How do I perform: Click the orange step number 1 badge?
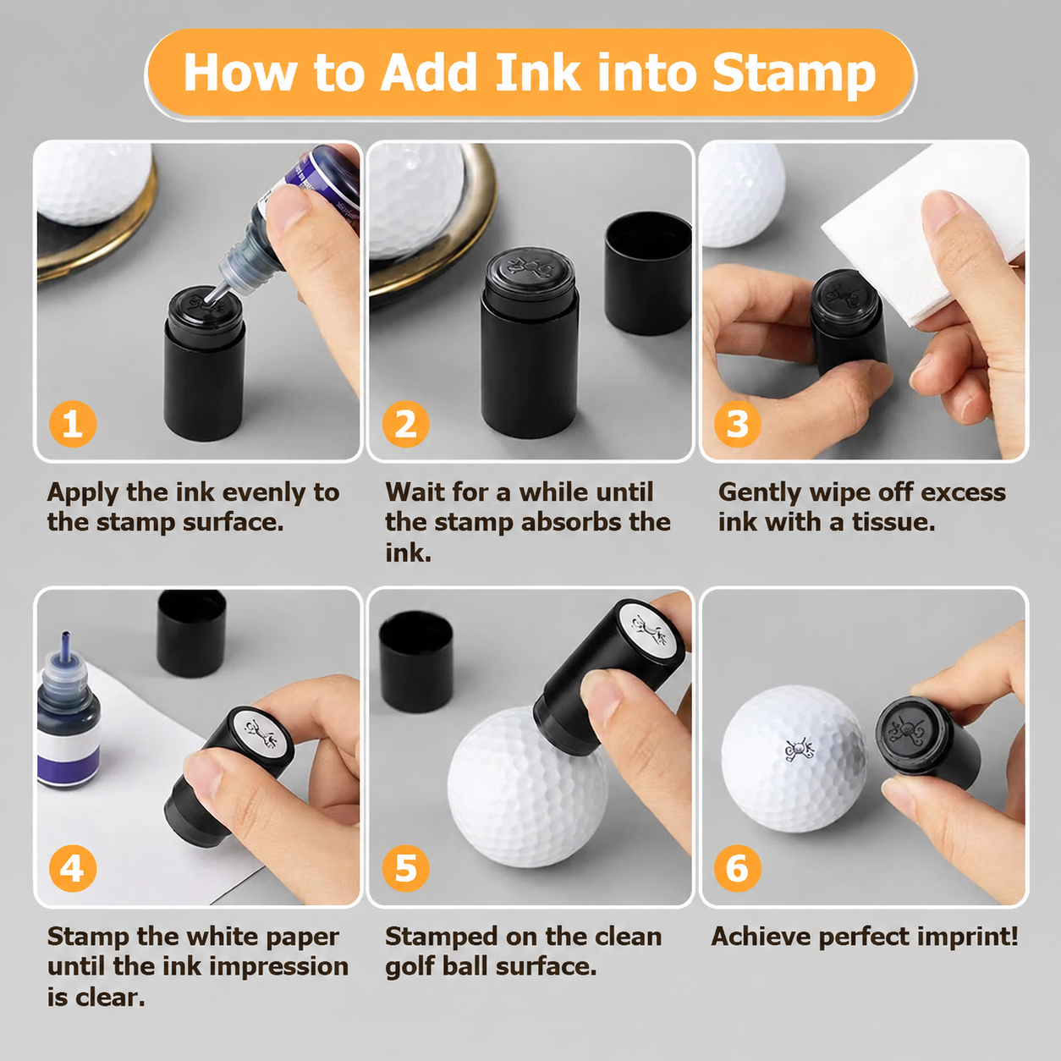(73, 424)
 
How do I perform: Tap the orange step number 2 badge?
(406, 424)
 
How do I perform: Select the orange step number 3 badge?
(738, 424)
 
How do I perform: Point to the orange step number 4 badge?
(73, 868)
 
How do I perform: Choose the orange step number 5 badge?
(406, 868)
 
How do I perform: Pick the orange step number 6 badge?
(738, 868)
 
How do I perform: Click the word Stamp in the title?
(794, 74)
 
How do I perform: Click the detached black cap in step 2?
(647, 273)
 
